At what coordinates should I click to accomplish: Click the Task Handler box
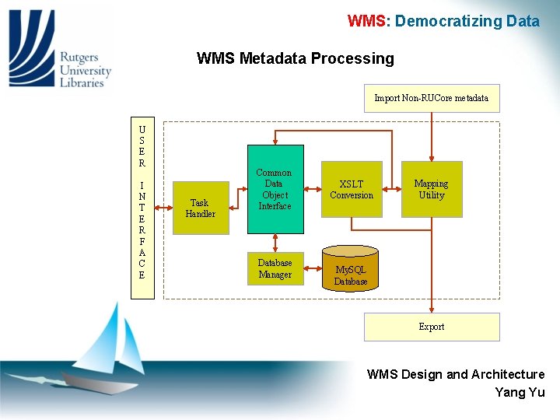pyautogui.click(x=200, y=208)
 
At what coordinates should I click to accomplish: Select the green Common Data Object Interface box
pyautogui.click(x=275, y=189)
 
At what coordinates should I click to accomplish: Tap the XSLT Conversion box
pyautogui.click(x=352, y=189)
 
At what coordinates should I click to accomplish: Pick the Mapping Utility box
pyautogui.click(x=432, y=189)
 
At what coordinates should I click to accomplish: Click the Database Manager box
pyautogui.click(x=275, y=268)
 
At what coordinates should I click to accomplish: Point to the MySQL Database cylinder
pyautogui.click(x=350, y=269)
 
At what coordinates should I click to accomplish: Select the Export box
pyautogui.click(x=432, y=327)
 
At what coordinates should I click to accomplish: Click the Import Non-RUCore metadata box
pyautogui.click(x=432, y=98)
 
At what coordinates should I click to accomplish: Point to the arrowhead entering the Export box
pyautogui.click(x=432, y=309)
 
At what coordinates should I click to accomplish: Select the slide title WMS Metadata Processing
pyautogui.click(x=296, y=58)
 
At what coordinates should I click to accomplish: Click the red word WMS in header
pyautogui.click(x=366, y=21)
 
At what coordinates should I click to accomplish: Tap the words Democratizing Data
pyautogui.click(x=467, y=21)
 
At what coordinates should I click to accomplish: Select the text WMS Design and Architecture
pyautogui.click(x=456, y=374)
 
